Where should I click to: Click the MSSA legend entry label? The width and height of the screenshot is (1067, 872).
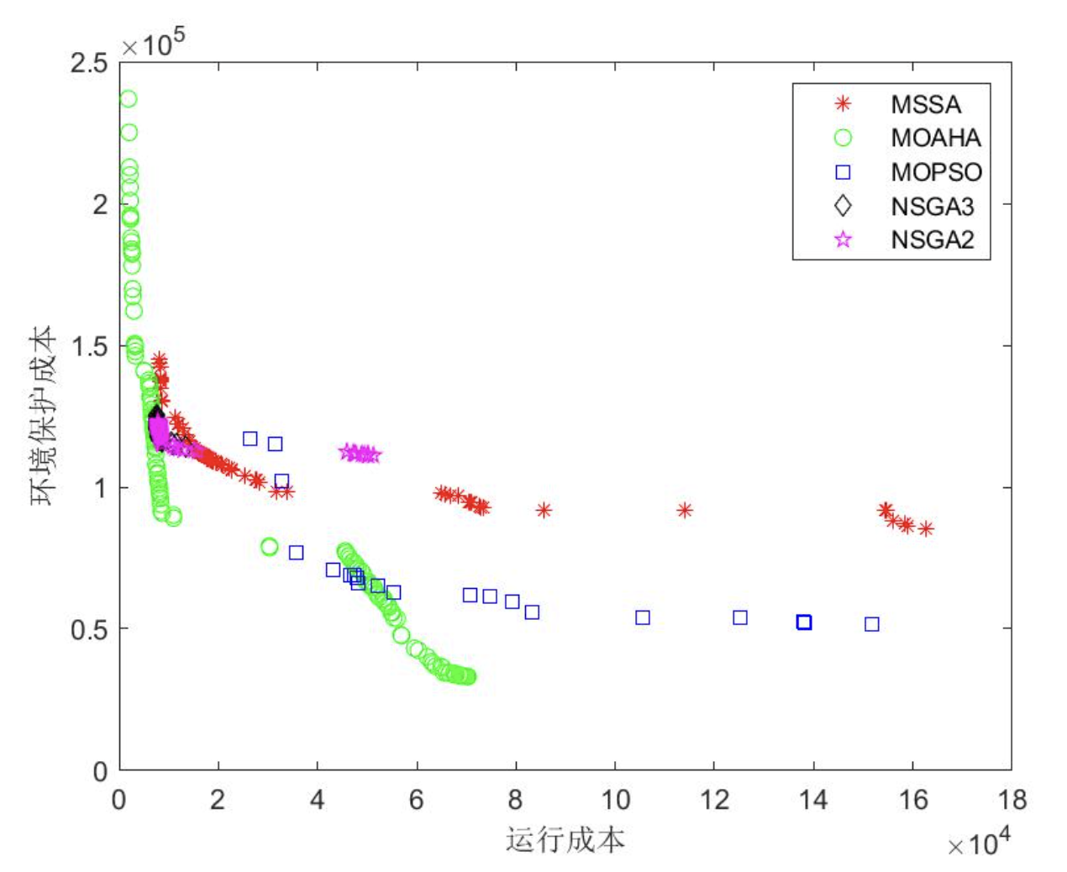925,104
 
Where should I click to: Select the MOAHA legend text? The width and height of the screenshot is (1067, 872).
935,138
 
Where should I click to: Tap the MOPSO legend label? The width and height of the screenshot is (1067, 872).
936,172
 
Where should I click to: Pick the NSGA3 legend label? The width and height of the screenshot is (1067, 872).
932,206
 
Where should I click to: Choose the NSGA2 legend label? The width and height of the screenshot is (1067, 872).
932,240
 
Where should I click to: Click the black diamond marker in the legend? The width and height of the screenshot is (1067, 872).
843,206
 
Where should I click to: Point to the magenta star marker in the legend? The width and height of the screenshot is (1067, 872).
843,240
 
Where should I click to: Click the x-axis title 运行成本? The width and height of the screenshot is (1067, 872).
565,839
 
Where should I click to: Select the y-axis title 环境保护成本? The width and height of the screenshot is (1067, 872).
44,415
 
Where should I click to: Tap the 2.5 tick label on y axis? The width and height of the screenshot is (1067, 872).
89,63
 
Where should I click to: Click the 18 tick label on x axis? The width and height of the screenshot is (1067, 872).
1012,800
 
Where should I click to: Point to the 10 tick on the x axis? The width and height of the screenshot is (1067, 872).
615,800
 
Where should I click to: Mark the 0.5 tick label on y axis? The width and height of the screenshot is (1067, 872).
89,629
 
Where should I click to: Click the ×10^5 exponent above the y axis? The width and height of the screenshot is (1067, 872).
153,44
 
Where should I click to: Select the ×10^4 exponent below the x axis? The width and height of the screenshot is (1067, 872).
979,843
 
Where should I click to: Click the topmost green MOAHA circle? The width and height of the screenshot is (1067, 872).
128,99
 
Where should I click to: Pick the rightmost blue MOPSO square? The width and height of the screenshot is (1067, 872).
872,624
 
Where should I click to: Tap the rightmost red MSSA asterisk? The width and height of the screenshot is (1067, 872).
926,528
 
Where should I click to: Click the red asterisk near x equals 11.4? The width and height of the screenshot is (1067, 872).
685,510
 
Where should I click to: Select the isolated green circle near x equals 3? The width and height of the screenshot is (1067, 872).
269,547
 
